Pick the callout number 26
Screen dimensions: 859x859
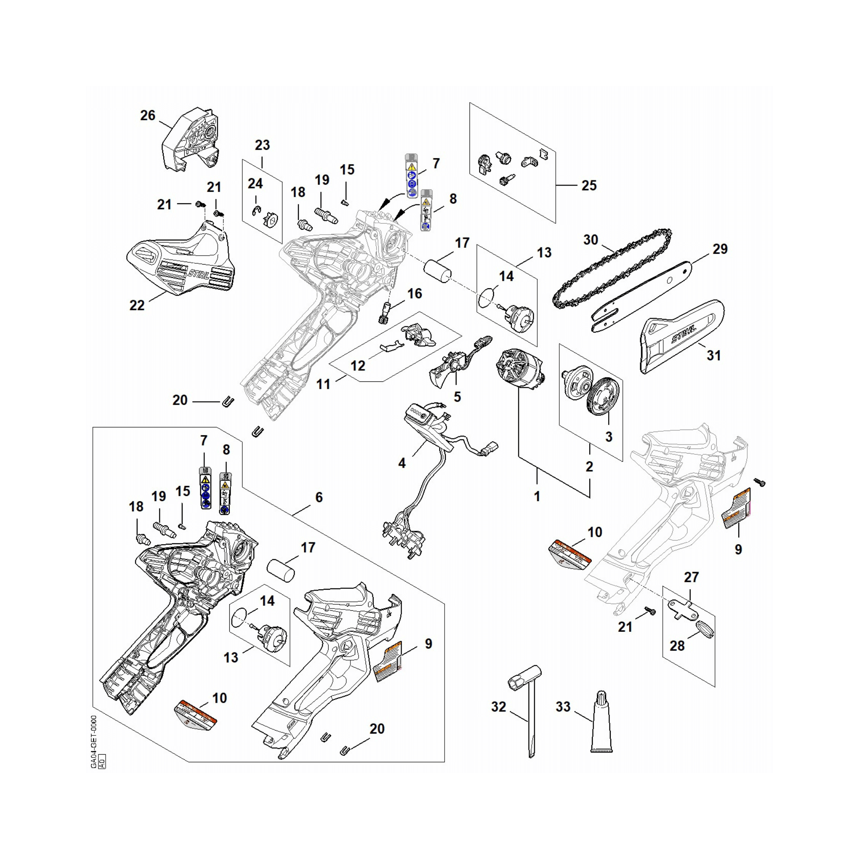tap(148, 116)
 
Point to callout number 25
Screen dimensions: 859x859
tap(589, 186)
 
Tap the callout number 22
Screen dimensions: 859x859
tap(137, 305)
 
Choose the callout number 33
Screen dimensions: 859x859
tap(563, 707)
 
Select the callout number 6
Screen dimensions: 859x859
tap(319, 497)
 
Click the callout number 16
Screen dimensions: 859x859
tap(414, 293)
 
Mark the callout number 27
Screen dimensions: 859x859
tap(691, 577)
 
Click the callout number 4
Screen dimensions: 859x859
tap(402, 463)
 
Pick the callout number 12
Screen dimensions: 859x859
tap(357, 366)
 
